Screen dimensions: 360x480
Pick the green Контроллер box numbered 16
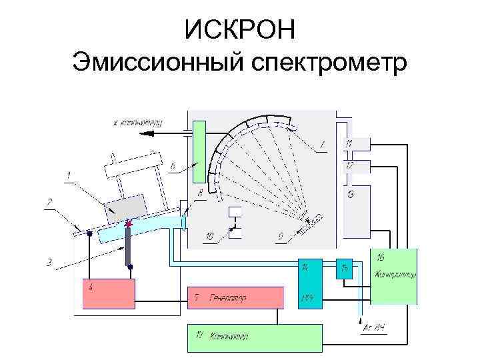(x=393, y=275)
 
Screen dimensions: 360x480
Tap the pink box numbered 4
(x=108, y=293)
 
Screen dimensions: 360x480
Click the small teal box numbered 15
(x=344, y=268)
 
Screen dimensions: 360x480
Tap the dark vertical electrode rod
(x=128, y=247)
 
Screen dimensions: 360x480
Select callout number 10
(x=209, y=236)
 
